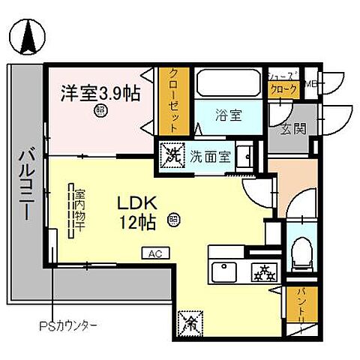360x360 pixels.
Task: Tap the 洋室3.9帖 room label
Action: click(100, 94)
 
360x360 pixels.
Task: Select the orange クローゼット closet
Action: click(172, 100)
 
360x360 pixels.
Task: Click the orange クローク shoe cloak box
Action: click(285, 89)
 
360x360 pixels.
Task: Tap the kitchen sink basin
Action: click(224, 271)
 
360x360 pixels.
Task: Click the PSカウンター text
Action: click(68, 326)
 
